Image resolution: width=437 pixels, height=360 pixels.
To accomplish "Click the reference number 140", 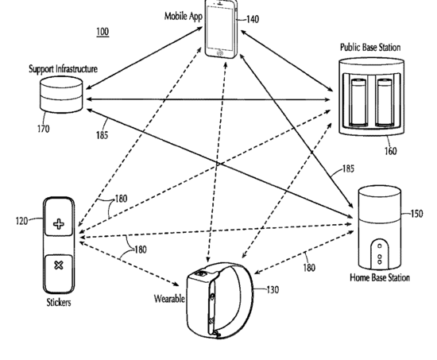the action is (253, 19).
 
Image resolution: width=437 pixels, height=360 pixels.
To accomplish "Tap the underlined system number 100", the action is (102, 32).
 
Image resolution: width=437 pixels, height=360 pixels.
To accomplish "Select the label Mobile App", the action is (183, 17).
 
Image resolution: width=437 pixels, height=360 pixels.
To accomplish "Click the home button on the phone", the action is (220, 52).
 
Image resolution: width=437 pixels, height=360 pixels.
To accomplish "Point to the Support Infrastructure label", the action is (64, 69).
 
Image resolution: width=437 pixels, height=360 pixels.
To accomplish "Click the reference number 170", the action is (44, 129).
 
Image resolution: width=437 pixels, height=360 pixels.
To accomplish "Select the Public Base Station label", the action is (370, 48).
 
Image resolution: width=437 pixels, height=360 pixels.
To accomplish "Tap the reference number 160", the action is (391, 151).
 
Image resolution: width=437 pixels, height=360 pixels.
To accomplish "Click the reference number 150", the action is (416, 214).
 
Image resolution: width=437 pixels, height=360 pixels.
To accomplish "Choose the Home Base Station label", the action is (380, 277).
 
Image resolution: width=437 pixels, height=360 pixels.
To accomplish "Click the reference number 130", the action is (273, 290).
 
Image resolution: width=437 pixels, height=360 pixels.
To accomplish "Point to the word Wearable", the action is (169, 299).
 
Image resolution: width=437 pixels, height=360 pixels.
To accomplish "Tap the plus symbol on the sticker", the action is (59, 224).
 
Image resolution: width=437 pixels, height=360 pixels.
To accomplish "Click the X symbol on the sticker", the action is (59, 265).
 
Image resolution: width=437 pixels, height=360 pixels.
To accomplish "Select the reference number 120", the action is (22, 221).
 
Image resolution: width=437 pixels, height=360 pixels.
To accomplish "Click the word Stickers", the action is (59, 302).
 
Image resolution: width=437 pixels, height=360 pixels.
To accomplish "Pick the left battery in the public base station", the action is (358, 102).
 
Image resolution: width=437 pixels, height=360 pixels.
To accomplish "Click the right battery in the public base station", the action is (385, 102).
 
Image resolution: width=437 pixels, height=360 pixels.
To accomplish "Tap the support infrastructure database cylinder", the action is (61, 95).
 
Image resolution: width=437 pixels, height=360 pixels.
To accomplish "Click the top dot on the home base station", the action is (379, 246).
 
